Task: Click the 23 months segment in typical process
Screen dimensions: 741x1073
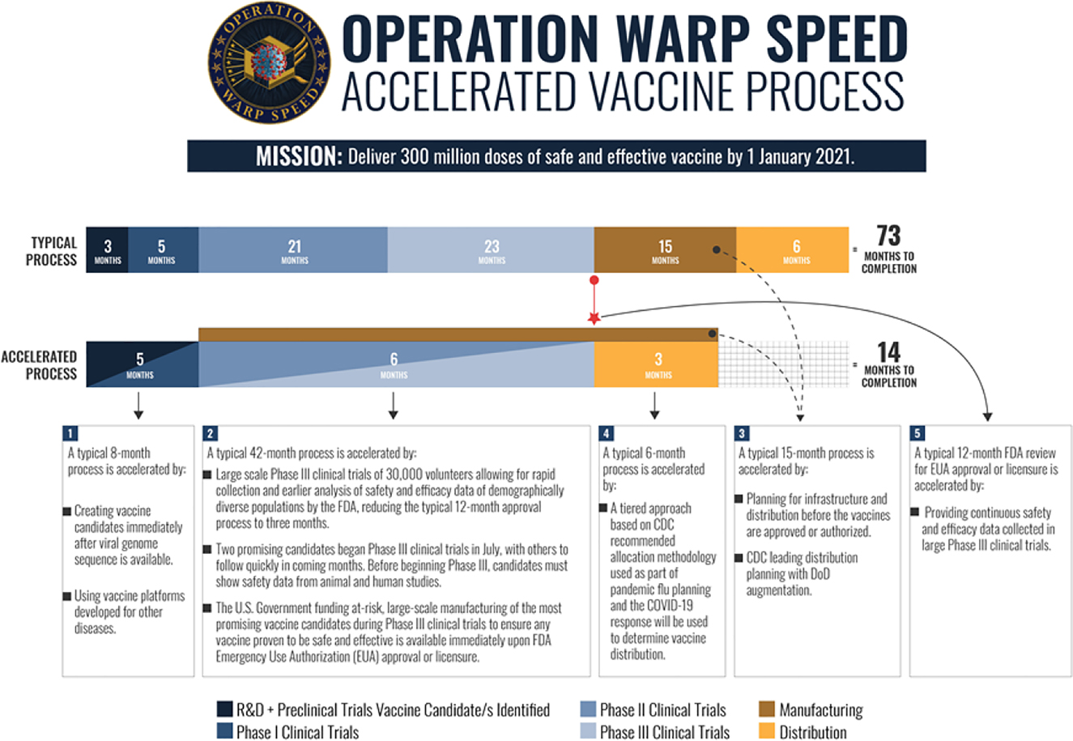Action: pyautogui.click(x=491, y=250)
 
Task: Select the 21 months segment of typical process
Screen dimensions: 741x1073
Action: pyautogui.click(x=293, y=250)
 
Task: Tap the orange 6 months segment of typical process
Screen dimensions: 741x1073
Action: pyautogui.click(x=793, y=250)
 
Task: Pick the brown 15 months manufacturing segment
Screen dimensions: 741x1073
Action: pyautogui.click(x=665, y=250)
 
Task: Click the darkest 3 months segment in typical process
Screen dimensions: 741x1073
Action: pyautogui.click(x=108, y=250)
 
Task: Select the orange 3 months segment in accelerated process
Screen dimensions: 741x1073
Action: pyautogui.click(x=657, y=364)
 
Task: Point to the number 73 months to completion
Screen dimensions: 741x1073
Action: pyautogui.click(x=888, y=236)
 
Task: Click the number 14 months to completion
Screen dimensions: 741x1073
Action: pyautogui.click(x=888, y=352)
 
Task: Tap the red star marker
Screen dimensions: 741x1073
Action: pyautogui.click(x=594, y=318)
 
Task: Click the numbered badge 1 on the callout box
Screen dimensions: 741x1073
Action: pyautogui.click(x=72, y=433)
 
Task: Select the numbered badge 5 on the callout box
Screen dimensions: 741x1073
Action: pyautogui.click(x=918, y=433)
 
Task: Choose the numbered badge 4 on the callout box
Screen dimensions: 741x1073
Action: pyautogui.click(x=607, y=433)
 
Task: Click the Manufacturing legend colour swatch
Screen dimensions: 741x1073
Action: pyautogui.click(x=767, y=710)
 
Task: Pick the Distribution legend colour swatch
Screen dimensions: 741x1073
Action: pyautogui.click(x=767, y=731)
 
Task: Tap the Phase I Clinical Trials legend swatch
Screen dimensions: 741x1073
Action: pyautogui.click(x=224, y=731)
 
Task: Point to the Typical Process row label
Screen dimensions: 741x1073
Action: pyautogui.click(x=53, y=251)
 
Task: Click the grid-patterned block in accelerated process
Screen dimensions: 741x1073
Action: pyautogui.click(x=783, y=364)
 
